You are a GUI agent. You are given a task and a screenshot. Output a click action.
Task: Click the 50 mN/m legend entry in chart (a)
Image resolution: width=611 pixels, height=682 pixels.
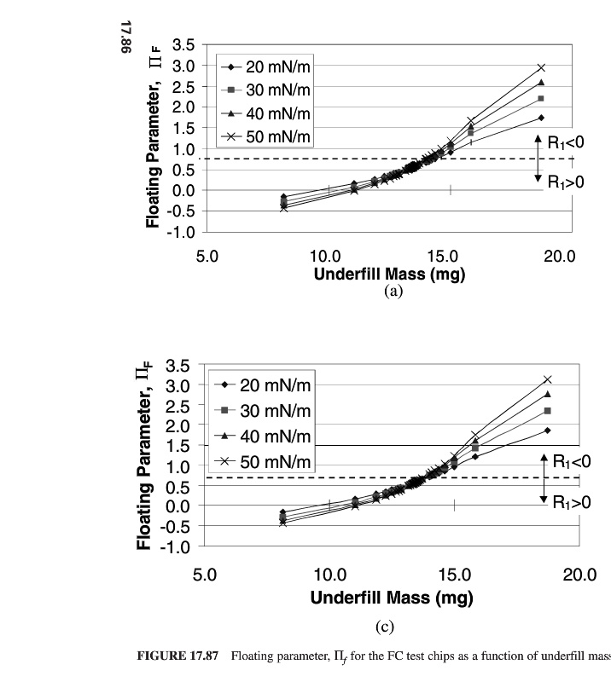pos(264,137)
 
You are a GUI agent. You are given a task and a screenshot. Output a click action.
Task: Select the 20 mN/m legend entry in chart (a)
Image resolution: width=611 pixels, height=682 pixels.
pos(264,68)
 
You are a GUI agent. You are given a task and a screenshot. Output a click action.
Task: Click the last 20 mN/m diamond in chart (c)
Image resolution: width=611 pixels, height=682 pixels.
pos(547,431)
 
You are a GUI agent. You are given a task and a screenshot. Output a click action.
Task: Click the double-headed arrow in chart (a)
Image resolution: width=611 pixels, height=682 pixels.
pos(538,158)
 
